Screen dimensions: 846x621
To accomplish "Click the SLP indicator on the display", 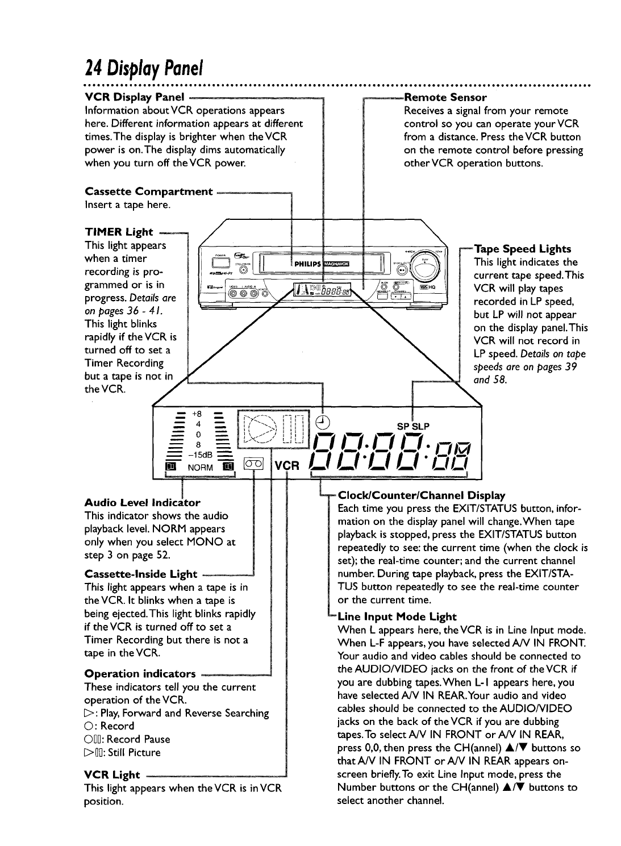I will coord(420,426).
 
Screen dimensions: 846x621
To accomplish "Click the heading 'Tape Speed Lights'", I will coord(522,249).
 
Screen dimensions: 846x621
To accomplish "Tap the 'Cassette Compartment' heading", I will coord(148,191).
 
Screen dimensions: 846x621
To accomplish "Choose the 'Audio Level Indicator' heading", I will coord(142,502).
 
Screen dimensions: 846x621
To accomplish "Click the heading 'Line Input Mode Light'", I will coord(397,616).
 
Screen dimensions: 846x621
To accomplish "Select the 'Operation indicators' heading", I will coord(140,674).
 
